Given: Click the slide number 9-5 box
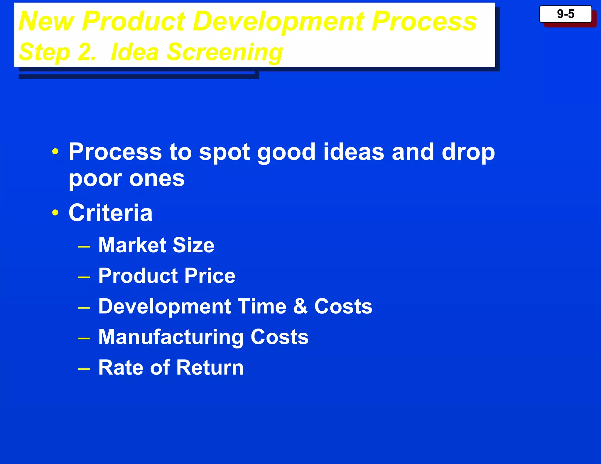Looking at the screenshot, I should (x=565, y=14).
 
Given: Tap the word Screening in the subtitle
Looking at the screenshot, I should (x=224, y=52).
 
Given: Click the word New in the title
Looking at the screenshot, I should (x=46, y=21).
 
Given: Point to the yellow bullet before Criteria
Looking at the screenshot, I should (x=55, y=212).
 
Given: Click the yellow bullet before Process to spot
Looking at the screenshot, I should (x=55, y=152).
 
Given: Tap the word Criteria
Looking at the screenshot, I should (x=110, y=212).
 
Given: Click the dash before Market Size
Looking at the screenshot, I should (x=84, y=247).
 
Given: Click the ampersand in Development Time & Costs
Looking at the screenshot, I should (x=300, y=306).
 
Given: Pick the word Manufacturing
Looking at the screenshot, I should (x=171, y=337).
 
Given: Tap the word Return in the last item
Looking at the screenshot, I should (x=210, y=367).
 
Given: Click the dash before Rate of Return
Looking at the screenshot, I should (x=84, y=369).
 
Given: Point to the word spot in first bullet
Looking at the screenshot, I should (x=224, y=153).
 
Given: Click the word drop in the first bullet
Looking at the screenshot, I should (x=468, y=153).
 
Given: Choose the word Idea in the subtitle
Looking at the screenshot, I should (x=135, y=52).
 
